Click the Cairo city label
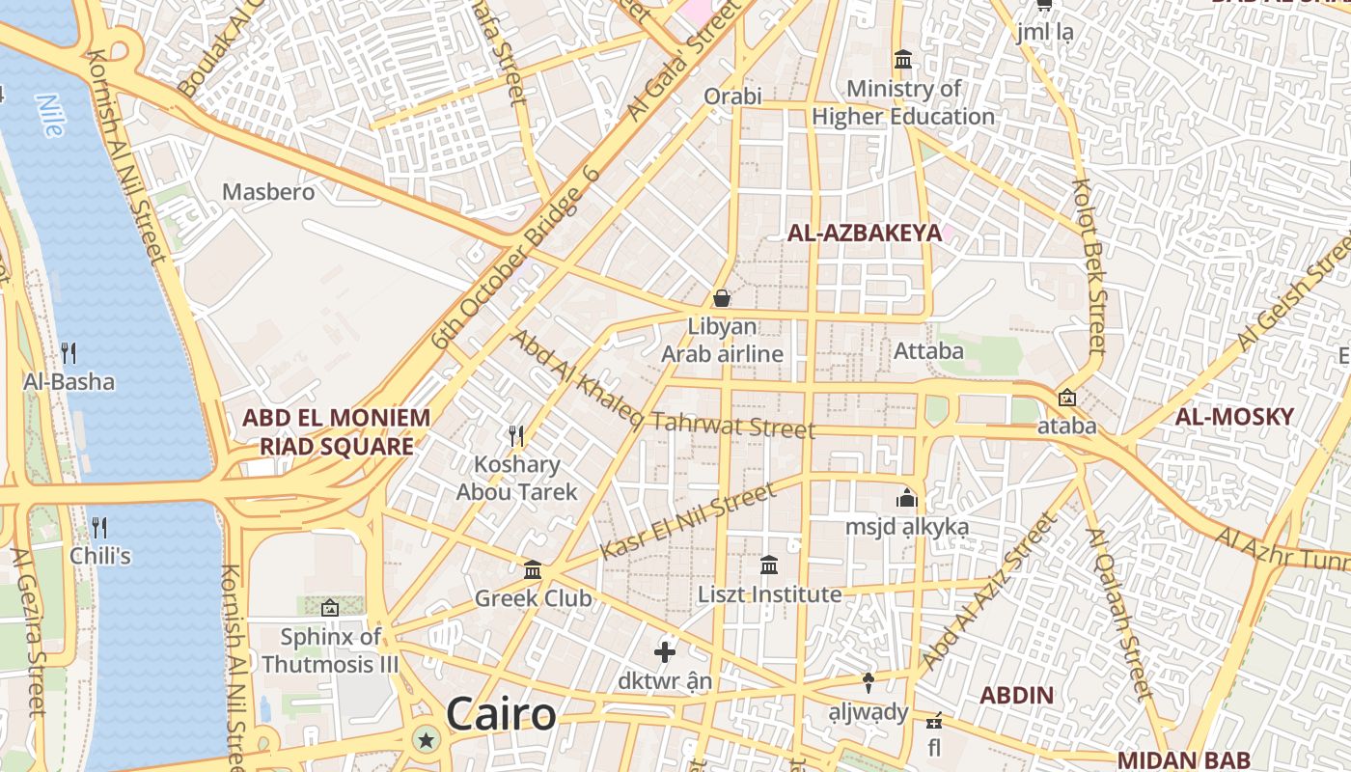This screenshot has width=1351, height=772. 501,714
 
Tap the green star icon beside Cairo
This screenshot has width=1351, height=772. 426,740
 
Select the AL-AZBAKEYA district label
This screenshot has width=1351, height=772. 864,233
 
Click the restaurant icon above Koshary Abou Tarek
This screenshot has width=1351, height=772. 516,436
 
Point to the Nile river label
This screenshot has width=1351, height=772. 49,115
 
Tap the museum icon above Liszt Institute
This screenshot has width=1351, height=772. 769,565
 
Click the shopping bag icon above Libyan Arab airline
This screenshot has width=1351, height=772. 721,298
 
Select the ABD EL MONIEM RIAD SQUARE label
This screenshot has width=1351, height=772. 336,431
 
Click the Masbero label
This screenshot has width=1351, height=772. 268,192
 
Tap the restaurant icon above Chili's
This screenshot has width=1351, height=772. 98,527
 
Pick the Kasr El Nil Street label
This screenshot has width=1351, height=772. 687,521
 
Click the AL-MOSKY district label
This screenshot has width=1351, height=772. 1234,417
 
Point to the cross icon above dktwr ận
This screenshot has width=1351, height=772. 665,652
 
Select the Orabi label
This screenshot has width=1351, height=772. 732,96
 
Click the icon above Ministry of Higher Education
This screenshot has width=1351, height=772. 903,61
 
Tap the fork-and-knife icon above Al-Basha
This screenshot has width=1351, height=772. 69,352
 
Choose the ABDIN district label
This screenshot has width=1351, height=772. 1016,695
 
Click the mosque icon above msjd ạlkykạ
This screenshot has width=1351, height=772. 906,499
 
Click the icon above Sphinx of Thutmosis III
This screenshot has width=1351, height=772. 330,608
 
